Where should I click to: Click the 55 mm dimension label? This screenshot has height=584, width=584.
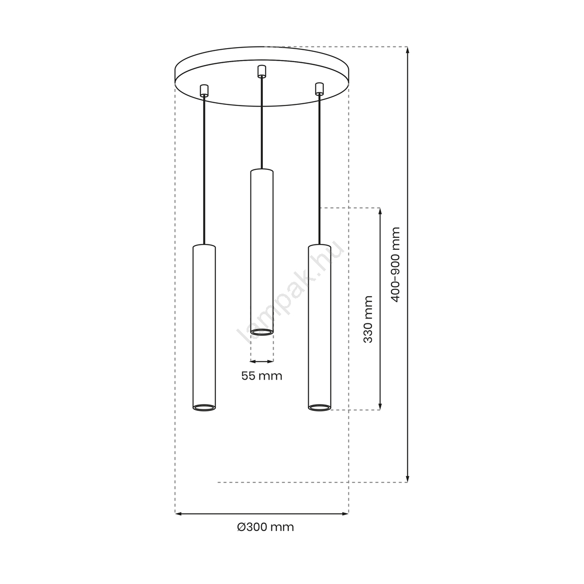point(262,376)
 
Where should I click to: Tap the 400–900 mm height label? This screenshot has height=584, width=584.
point(395,264)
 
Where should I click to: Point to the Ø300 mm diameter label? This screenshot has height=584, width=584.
point(266,527)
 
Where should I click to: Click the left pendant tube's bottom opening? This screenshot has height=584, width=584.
point(204,407)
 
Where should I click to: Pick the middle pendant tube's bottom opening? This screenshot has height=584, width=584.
point(262,332)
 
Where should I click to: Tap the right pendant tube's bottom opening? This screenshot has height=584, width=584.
point(320,407)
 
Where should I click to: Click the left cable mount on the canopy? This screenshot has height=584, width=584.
point(204,90)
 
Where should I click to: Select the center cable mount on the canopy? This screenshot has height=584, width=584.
point(262,71)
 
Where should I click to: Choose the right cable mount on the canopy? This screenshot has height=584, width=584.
point(319,88)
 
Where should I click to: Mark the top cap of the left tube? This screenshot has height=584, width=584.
point(204,247)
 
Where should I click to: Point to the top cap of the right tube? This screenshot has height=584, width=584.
point(320,247)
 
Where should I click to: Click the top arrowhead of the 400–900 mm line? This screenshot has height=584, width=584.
point(408,50)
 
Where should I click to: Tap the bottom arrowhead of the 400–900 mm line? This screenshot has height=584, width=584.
point(408,479)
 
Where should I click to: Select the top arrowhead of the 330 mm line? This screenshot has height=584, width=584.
point(380,211)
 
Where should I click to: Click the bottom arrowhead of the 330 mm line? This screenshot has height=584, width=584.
point(380,406)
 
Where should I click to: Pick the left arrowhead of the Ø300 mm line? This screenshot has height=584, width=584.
point(178,514)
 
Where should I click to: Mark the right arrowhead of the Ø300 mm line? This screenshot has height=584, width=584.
point(345,514)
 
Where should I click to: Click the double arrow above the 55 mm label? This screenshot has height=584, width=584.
point(262,361)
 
